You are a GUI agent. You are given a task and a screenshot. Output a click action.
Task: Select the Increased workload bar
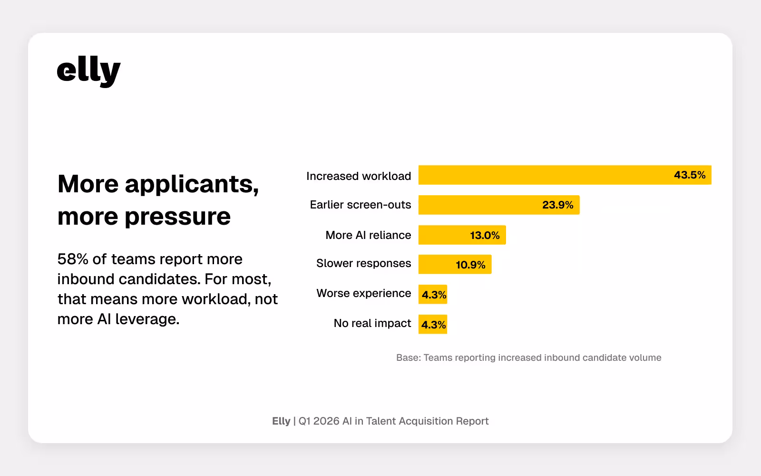point(542,175)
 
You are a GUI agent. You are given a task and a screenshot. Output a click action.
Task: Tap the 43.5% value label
point(689,175)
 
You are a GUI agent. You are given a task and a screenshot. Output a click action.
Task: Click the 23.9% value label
point(557,205)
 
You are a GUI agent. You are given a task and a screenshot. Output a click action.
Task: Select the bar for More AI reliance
point(442,235)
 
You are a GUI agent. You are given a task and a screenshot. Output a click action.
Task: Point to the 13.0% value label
point(485,236)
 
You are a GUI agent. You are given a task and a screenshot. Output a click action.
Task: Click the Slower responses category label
point(363,263)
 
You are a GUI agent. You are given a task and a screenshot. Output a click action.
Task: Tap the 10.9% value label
point(470,265)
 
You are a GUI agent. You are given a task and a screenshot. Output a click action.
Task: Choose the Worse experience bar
point(432,294)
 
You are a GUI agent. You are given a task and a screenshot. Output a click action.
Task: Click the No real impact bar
point(432,324)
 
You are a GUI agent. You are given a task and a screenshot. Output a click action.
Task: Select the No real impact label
point(372,323)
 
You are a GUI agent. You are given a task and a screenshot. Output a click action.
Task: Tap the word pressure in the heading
point(177,217)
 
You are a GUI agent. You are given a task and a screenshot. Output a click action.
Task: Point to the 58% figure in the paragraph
point(73,259)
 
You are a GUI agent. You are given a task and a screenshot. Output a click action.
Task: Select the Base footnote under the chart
point(528,357)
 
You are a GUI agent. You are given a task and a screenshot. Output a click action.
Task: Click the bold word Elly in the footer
point(281,421)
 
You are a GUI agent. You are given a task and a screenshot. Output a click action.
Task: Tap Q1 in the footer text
point(304,421)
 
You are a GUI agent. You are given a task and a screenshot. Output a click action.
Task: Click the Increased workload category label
point(359,176)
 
